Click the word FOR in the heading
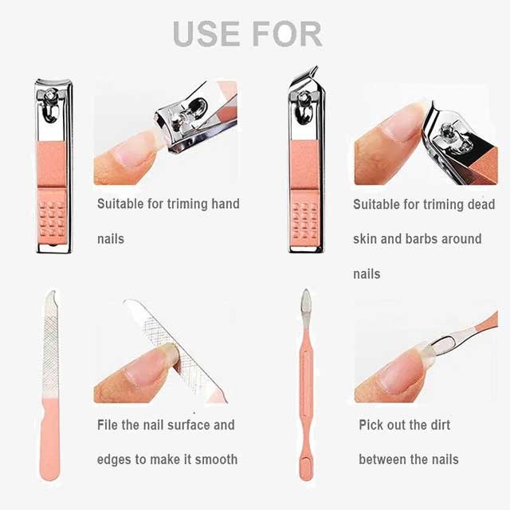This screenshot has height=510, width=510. pos(283,33)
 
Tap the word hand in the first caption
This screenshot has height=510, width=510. pos(225,204)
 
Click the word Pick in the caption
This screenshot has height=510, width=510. pos(371,424)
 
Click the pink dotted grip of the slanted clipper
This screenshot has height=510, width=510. pos(306,218)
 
